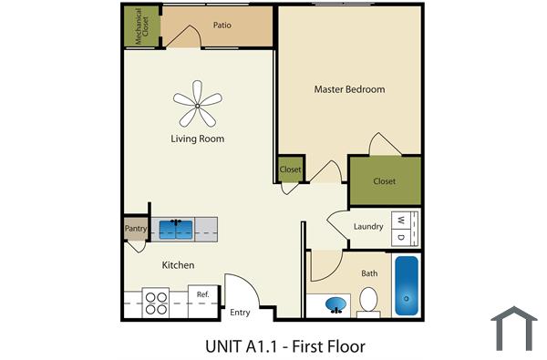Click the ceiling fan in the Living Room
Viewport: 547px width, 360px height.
point(197,103)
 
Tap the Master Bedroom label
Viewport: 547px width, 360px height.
point(349,89)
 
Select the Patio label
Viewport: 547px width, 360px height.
point(220,26)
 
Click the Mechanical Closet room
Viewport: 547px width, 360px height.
point(141,27)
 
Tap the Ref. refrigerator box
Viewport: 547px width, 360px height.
point(203,295)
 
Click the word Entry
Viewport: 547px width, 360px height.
point(240,313)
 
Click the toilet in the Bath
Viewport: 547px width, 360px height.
point(368,299)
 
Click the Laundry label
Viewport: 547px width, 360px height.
point(367,227)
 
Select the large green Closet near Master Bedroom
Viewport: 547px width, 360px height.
point(385,180)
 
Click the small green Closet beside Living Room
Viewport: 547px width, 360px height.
point(291,170)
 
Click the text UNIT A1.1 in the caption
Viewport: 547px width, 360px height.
point(238,346)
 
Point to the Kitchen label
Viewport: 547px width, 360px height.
point(178,265)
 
